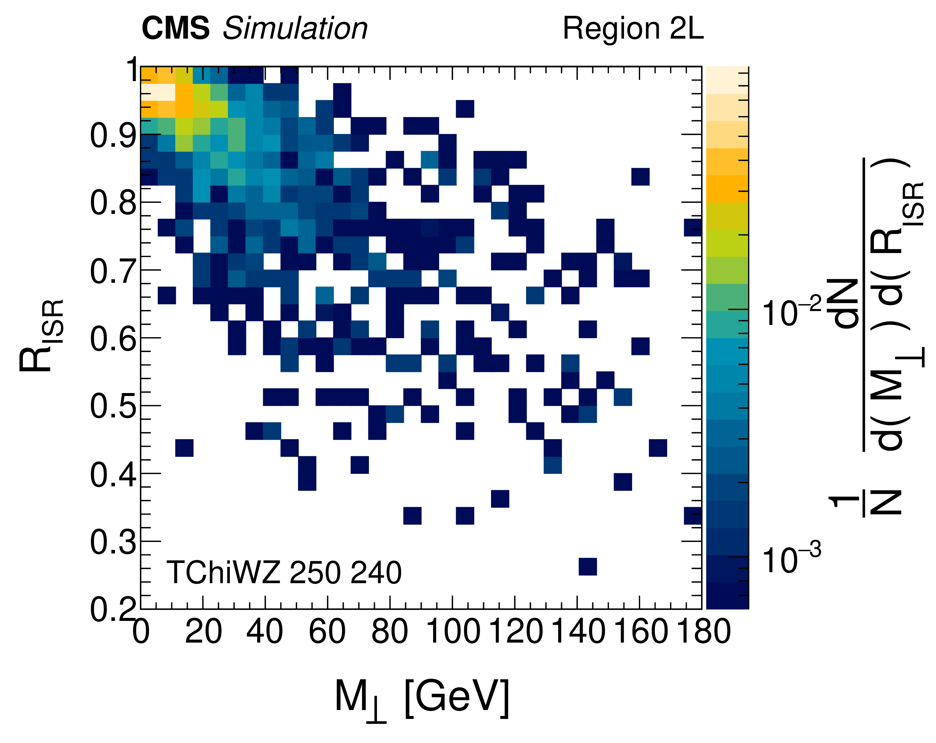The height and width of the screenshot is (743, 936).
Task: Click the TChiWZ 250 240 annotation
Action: click(x=284, y=573)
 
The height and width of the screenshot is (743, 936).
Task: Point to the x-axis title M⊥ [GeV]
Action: click(x=421, y=698)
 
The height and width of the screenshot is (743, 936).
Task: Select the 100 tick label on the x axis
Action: click(x=453, y=632)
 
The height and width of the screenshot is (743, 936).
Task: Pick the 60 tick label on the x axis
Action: click(x=327, y=632)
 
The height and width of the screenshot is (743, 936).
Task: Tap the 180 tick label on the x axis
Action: click(x=703, y=632)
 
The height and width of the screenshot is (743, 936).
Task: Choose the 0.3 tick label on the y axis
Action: click(x=113, y=542)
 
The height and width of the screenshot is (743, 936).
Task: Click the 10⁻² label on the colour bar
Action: click(x=791, y=312)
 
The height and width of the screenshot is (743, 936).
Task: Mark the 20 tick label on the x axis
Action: click(x=203, y=632)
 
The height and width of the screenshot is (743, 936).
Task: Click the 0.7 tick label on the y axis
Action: click(x=113, y=272)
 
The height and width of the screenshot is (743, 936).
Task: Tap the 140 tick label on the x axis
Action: click(x=577, y=632)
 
